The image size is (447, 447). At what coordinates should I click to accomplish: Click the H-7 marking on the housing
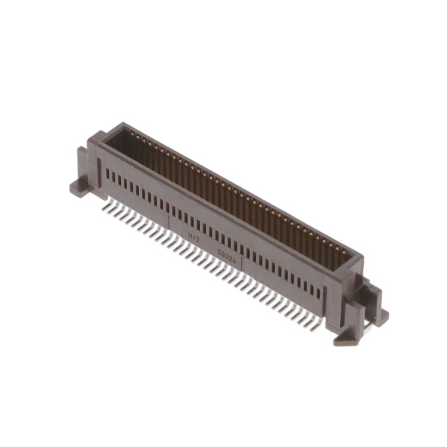click(x=193, y=238)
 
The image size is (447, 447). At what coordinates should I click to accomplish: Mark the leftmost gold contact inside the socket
click(x=132, y=136)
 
